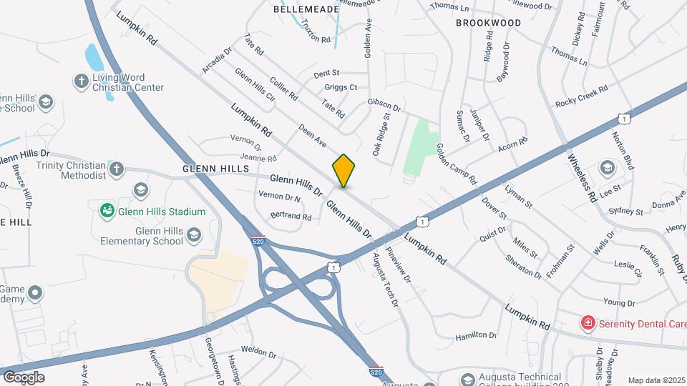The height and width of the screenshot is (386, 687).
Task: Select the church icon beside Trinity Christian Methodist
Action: coord(117,169)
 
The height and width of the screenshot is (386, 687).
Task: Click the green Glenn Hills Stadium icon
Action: coord(107,211)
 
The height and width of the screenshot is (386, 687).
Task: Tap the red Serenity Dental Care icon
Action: coord(588,323)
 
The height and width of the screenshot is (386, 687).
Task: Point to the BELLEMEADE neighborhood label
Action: coord(306,9)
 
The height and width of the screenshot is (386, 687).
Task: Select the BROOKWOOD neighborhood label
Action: coord(489,23)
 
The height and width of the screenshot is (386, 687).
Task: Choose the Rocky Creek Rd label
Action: coord(581,96)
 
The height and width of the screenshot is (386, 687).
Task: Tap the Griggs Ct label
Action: coord(341,87)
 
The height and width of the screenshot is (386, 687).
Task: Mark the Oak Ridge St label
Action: coord(381,134)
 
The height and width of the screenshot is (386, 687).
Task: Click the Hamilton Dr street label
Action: coord(476,335)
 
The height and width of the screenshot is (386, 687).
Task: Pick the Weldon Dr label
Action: coord(258,352)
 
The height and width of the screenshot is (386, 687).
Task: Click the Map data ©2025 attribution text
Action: coord(656,380)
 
